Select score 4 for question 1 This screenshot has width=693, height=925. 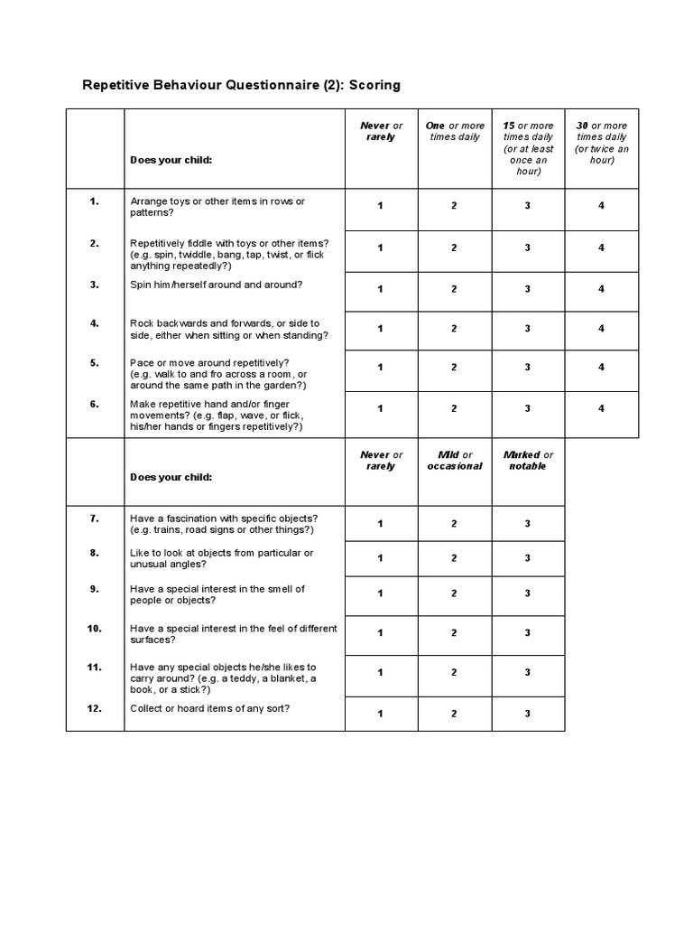601,206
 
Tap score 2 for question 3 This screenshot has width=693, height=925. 454,289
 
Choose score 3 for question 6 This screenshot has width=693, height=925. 528,408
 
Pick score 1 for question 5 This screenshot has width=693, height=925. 380,368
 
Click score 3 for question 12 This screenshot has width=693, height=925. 528,714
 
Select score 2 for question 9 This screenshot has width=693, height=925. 454,593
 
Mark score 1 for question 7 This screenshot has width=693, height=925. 380,524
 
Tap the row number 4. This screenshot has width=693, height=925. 94,322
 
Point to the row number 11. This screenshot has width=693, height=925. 94,667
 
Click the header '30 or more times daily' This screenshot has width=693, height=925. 601,143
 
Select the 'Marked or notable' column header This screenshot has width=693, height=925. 528,461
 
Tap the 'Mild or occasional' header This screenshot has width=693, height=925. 454,461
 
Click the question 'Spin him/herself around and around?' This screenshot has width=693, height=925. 217,285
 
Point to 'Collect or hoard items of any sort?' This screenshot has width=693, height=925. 210,708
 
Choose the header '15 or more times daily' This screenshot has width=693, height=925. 528,148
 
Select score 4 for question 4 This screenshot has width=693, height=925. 601,329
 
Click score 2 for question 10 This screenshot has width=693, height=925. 454,633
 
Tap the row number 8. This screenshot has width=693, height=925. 94,552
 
